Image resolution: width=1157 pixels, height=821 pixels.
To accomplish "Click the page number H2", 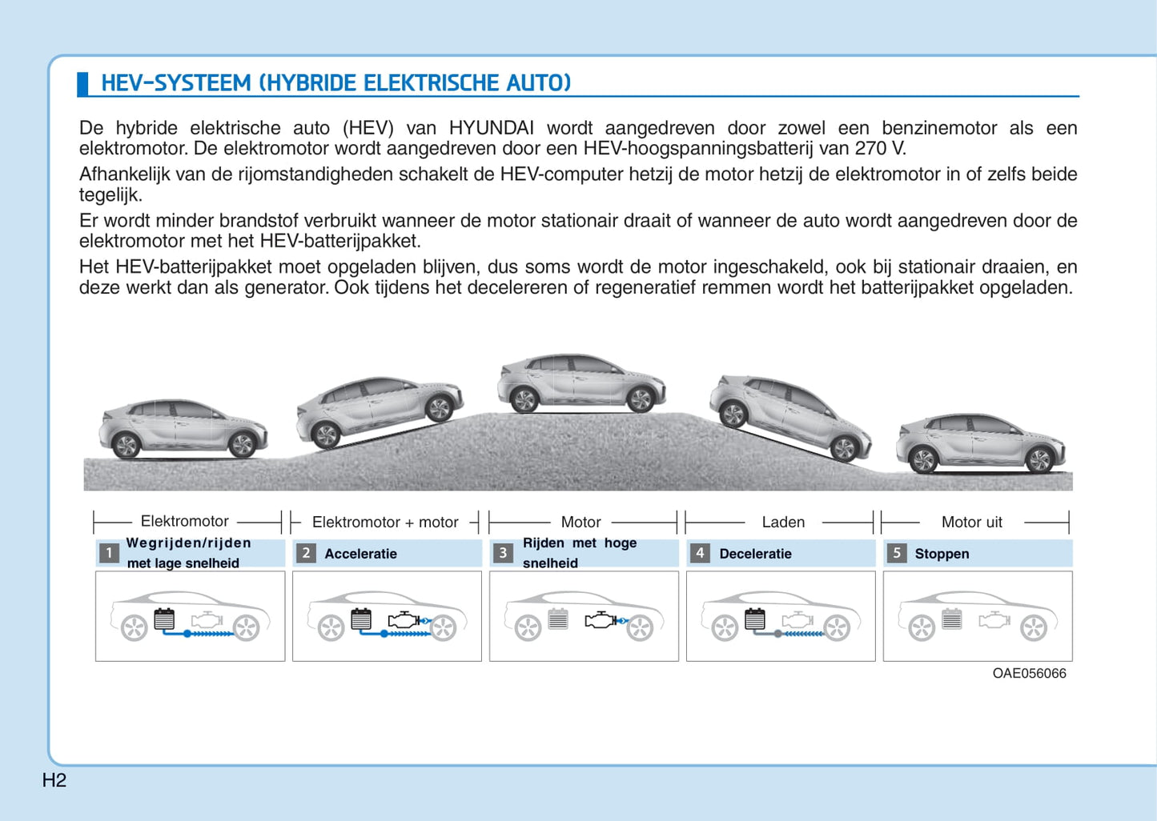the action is coord(54,780).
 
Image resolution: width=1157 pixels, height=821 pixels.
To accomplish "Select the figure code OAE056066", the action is coord(1029,673).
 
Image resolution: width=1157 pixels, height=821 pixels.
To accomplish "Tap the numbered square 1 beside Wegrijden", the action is coord(109,553).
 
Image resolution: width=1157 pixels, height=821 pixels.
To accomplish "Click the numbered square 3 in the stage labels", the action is coord(503,553).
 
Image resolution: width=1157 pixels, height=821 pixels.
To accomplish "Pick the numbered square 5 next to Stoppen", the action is coord(897,553).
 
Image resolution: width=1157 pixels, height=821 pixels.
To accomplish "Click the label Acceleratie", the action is coord(360,554).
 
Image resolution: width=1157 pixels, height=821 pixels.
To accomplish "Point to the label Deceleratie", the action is coord(755,554).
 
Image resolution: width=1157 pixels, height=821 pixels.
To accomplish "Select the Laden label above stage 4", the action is coord(783,522).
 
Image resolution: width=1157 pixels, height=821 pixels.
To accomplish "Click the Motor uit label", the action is coord(971,522).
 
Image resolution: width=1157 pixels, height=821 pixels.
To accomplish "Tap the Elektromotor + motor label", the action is coord(385,522).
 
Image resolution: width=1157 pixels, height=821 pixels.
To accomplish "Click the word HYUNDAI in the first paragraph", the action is coord(491,127).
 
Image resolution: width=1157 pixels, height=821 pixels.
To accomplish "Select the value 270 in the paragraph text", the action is coord(871,148).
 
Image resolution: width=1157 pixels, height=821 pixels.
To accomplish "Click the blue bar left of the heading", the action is coord(82,84).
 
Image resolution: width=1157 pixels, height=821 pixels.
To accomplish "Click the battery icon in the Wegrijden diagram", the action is coord(164,619).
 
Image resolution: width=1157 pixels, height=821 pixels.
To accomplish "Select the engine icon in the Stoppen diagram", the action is coord(994,619).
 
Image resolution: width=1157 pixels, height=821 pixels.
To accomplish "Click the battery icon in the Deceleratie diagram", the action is coord(754,619).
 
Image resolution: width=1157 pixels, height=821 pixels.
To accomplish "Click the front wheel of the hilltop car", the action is coord(641,399).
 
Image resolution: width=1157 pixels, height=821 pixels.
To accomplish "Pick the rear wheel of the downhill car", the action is coord(733,415).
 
